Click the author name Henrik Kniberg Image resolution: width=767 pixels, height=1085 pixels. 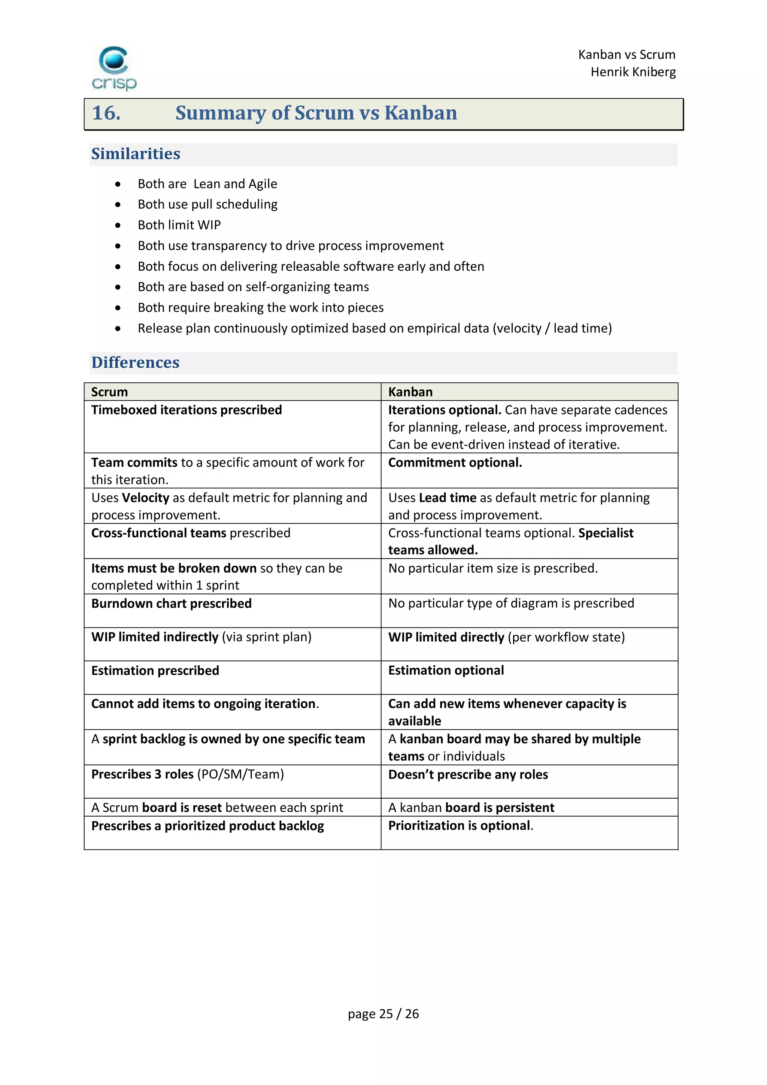[x=633, y=72]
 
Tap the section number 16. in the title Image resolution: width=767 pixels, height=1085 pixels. [x=106, y=113]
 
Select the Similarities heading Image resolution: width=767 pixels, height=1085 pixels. [x=136, y=154]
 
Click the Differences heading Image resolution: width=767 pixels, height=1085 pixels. [x=135, y=362]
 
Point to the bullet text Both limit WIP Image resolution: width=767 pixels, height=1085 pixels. [x=179, y=225]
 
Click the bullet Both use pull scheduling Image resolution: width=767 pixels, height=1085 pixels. [x=207, y=204]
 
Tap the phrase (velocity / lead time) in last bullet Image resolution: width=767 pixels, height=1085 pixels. [x=552, y=328]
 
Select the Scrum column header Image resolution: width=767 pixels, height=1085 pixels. [x=110, y=392]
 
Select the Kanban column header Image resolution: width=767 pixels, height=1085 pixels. [x=410, y=392]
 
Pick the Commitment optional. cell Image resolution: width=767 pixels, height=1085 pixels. [x=455, y=463]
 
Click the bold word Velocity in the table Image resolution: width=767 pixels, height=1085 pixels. [x=146, y=498]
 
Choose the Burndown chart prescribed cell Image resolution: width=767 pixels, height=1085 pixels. [x=172, y=604]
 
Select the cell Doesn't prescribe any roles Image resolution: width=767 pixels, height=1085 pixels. [x=468, y=775]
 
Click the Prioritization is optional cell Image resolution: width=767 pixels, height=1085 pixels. [x=460, y=826]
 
